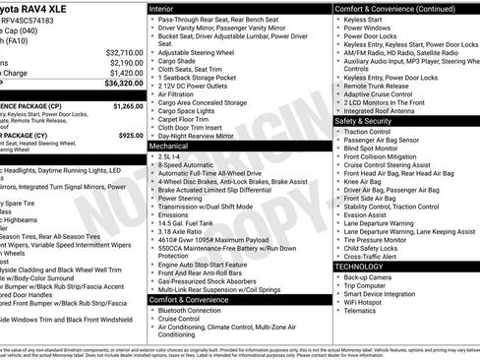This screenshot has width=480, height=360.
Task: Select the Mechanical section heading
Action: point(170,145)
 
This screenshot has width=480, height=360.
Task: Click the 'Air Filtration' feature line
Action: point(183,94)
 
